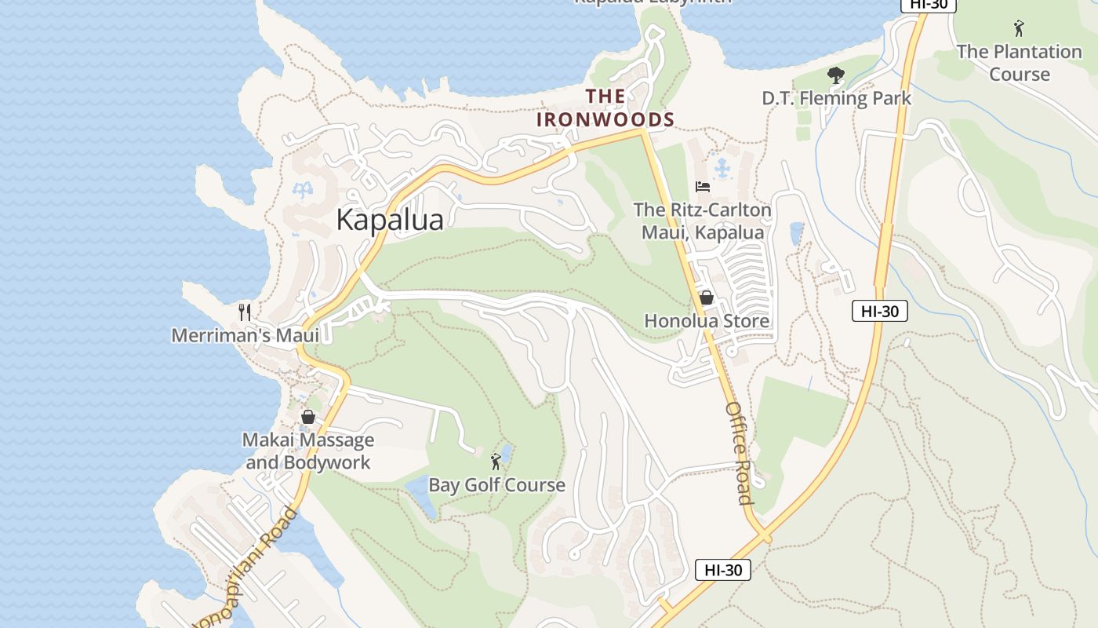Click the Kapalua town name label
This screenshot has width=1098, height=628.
pos(390,220)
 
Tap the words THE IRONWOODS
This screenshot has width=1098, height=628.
pos(605,108)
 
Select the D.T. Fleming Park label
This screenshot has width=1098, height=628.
pos(837,98)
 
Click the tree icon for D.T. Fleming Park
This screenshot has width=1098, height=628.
pos(836,76)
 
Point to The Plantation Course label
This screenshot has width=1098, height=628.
pos(1019,63)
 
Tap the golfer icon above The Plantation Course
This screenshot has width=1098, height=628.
pos(1019,29)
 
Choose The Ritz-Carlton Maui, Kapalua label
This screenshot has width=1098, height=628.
pos(702,221)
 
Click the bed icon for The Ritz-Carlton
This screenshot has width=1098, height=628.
pos(703,187)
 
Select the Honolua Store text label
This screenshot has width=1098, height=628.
pos(707,321)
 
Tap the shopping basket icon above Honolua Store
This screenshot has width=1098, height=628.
pos(706,298)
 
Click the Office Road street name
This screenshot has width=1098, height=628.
pos(739,453)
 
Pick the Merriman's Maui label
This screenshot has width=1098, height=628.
pos(245,335)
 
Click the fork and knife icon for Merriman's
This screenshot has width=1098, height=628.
pos(245,312)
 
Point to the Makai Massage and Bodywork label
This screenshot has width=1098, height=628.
pos(308,451)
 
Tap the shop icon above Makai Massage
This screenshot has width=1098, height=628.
pos(308,417)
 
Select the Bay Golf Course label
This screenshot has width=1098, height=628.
pos(496,485)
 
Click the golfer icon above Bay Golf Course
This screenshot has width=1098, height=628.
pos(496,462)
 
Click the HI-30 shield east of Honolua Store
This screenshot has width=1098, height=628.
pos(879,311)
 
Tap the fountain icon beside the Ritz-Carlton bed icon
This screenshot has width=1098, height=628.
pos(722,168)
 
